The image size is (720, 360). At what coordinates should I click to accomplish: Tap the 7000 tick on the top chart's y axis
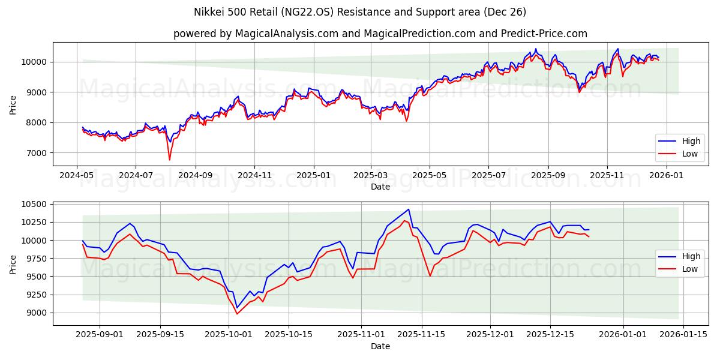click(37, 153)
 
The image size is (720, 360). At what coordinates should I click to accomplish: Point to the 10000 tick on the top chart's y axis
click(34, 62)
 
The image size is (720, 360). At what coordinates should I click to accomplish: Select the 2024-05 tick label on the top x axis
click(76, 175)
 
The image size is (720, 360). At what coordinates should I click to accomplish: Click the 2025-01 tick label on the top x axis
click(313, 175)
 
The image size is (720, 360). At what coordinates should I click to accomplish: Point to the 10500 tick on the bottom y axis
click(34, 204)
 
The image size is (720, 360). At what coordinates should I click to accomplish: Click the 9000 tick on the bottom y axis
click(37, 313)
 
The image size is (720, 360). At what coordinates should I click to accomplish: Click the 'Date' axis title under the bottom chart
click(380, 346)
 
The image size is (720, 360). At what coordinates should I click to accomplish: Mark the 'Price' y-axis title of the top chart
click(13, 104)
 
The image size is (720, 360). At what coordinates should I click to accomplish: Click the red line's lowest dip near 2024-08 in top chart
click(169, 160)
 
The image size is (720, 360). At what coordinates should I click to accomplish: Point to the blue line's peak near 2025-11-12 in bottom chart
click(409, 209)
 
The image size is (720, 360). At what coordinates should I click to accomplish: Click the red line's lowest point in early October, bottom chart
click(237, 314)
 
